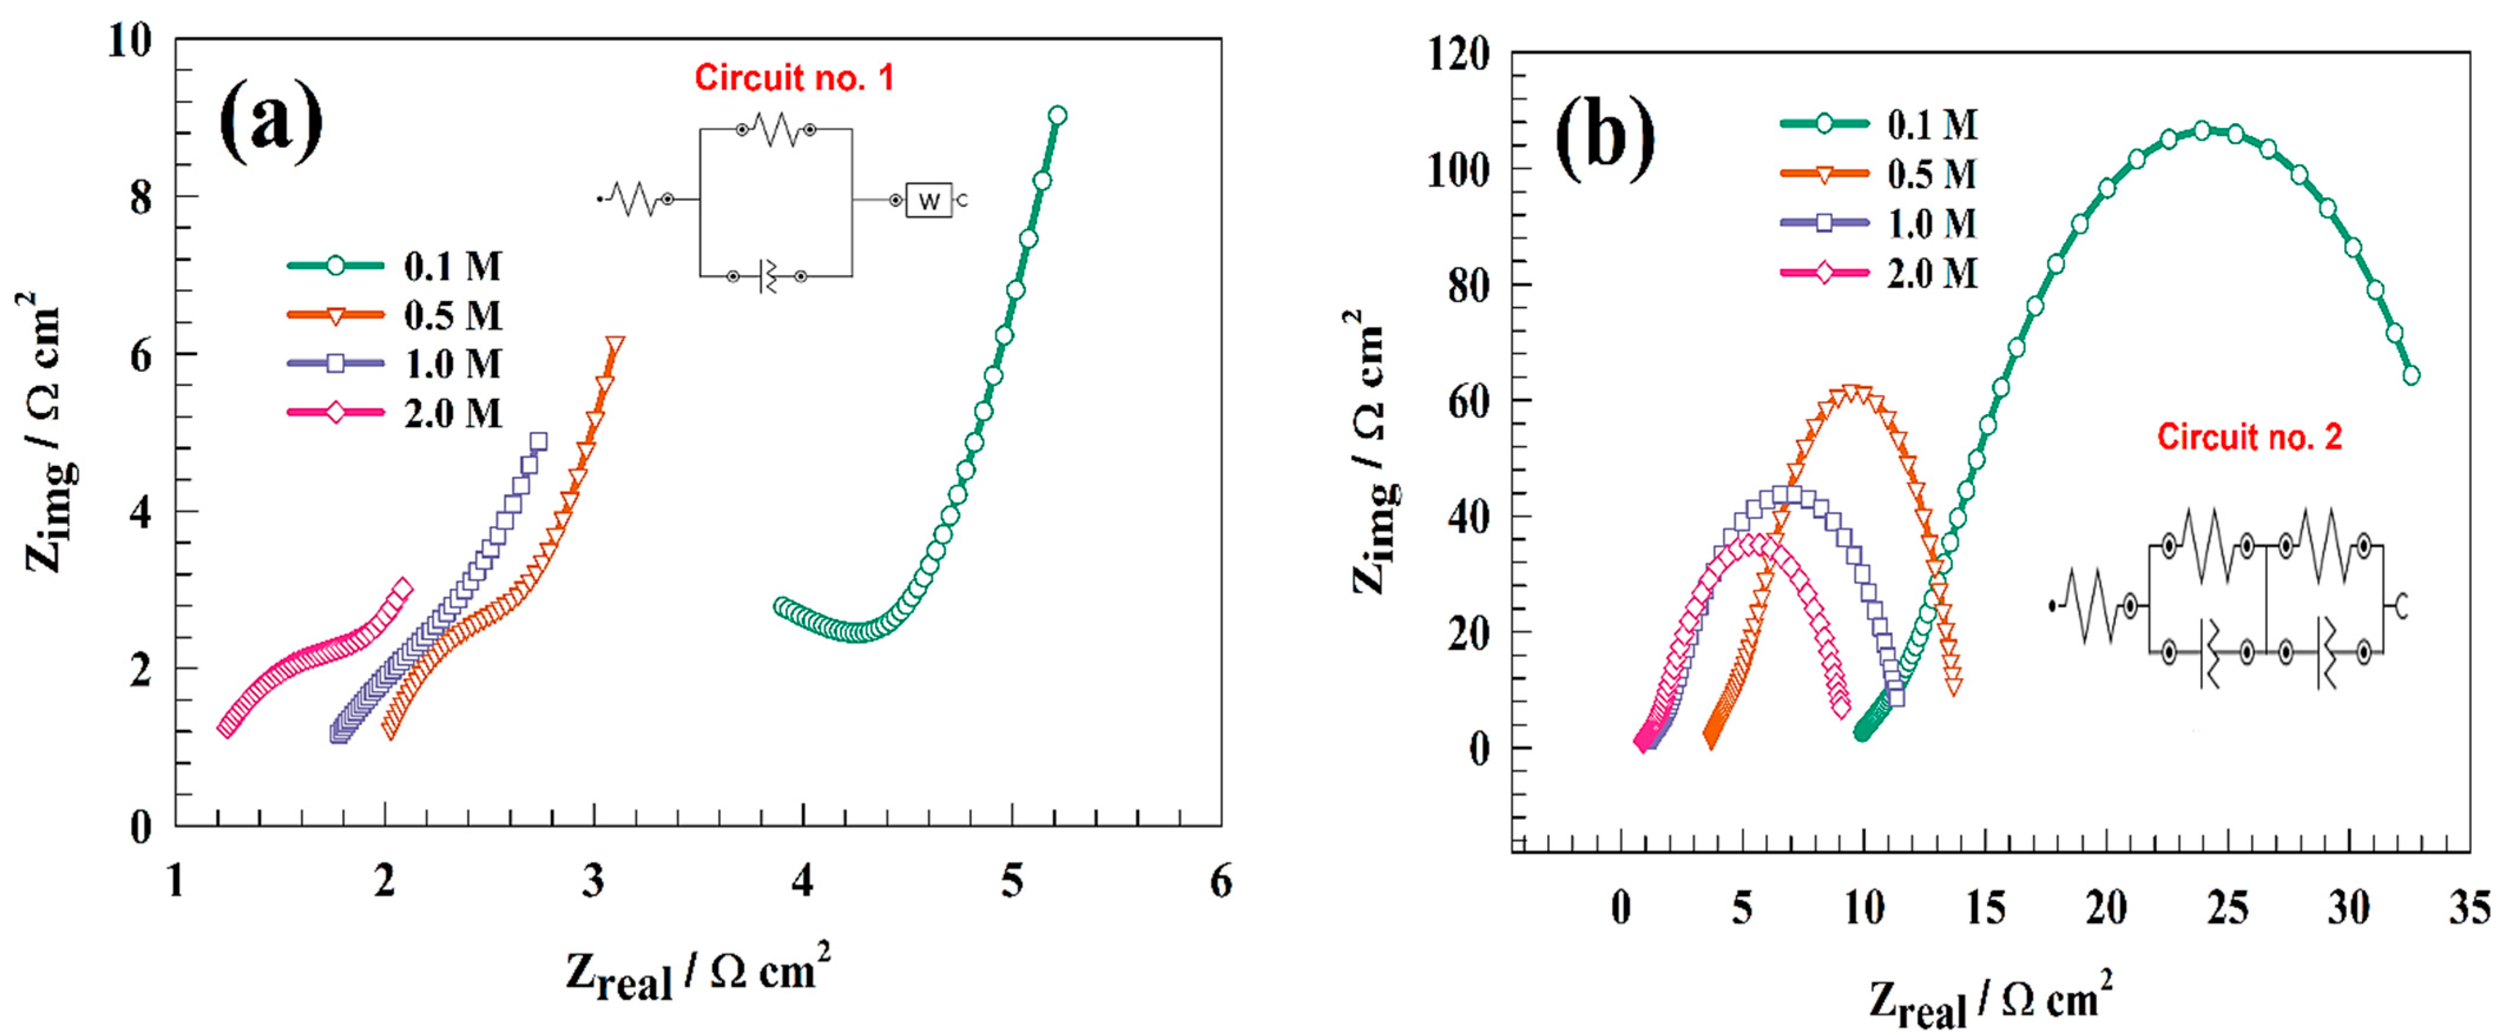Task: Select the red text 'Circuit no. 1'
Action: pos(794,78)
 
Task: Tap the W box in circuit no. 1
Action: pos(929,201)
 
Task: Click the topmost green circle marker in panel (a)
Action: pos(1058,115)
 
